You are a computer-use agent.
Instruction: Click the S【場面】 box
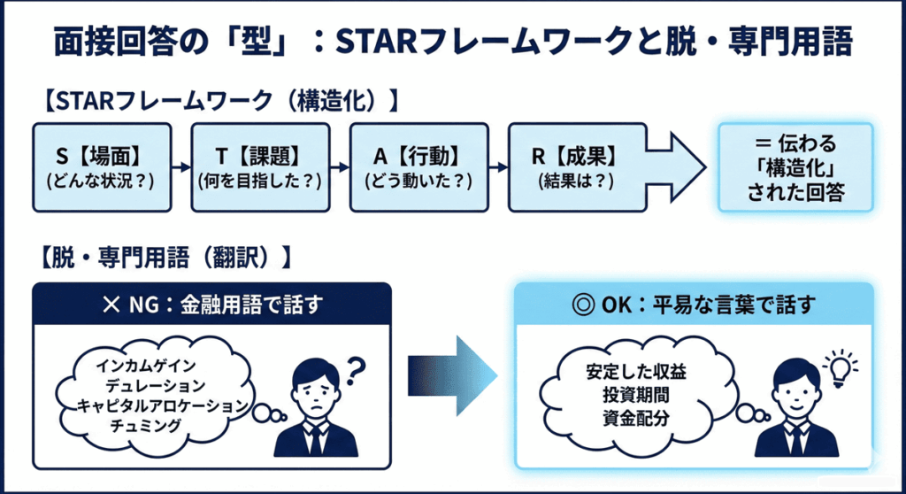[101, 167]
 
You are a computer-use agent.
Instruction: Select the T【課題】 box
[258, 167]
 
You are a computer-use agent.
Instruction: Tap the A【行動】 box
[418, 167]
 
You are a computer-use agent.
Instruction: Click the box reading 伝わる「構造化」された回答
[794, 167]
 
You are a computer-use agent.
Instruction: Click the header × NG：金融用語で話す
[211, 305]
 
